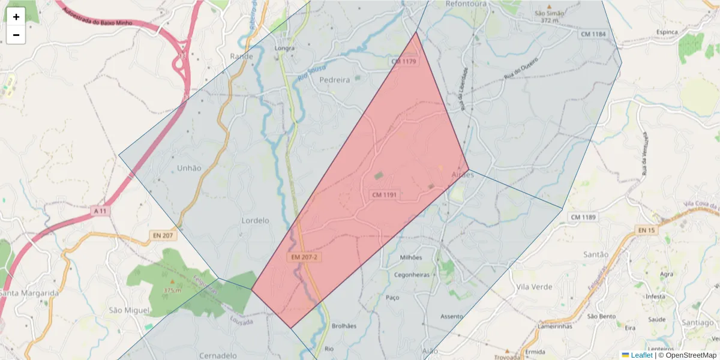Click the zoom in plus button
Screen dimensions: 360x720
(x=16, y=17)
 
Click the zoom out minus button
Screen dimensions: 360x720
(x=16, y=35)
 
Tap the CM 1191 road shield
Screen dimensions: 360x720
(x=385, y=195)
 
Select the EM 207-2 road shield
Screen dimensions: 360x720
(x=304, y=257)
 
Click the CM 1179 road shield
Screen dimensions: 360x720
(x=403, y=61)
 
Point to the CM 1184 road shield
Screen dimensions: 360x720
(x=593, y=34)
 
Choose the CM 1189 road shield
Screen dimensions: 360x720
(x=583, y=217)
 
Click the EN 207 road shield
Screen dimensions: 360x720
(x=163, y=235)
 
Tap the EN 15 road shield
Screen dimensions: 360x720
(x=646, y=230)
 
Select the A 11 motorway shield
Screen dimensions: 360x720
(x=101, y=211)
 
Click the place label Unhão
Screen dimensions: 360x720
(x=189, y=168)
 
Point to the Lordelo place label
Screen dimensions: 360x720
(x=255, y=220)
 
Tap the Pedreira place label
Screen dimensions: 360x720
(x=335, y=80)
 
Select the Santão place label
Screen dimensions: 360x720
(x=596, y=254)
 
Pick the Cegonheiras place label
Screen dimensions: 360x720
(x=411, y=275)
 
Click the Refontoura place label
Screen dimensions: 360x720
(x=466, y=4)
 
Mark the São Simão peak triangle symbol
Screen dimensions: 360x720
(x=548, y=6)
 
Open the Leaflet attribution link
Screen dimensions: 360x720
(x=641, y=355)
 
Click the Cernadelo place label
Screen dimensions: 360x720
(x=218, y=355)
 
